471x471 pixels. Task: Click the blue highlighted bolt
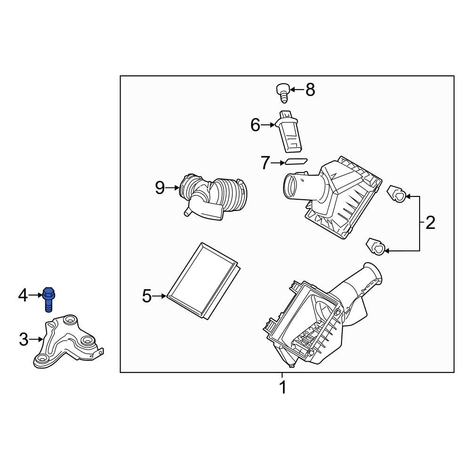click(48, 299)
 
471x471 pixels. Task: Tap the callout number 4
click(23, 296)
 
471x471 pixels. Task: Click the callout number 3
click(24, 339)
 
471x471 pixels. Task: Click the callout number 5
click(147, 296)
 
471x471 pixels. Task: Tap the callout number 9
click(160, 188)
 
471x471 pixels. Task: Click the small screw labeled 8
click(282, 91)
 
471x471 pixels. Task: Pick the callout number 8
click(310, 89)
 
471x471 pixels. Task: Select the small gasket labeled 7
click(295, 162)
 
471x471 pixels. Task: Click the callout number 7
click(265, 163)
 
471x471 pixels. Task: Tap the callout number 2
click(430, 223)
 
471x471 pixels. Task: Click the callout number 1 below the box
click(283, 388)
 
